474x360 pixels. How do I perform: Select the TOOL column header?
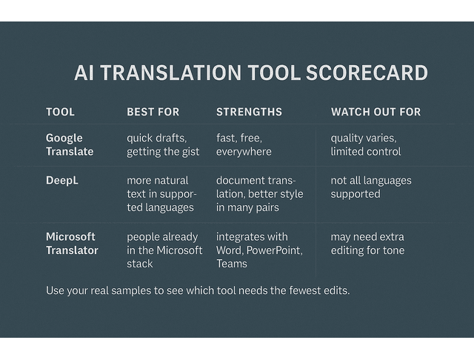tap(60, 112)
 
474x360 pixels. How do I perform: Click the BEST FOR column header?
tap(153, 112)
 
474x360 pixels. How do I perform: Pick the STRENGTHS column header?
tap(249, 112)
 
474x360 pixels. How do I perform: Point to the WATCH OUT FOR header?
tap(375, 112)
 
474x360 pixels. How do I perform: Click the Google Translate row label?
tap(70, 144)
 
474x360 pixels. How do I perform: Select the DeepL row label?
tap(62, 180)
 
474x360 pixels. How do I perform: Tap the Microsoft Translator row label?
tap(72, 244)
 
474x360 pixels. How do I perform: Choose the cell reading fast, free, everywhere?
tap(244, 144)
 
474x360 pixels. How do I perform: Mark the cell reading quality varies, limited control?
tap(366, 144)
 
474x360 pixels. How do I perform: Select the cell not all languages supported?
tap(371, 187)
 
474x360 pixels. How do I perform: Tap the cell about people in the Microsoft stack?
tap(164, 250)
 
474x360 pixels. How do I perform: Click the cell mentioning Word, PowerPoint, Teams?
tap(259, 250)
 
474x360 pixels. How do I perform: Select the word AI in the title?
tap(86, 73)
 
